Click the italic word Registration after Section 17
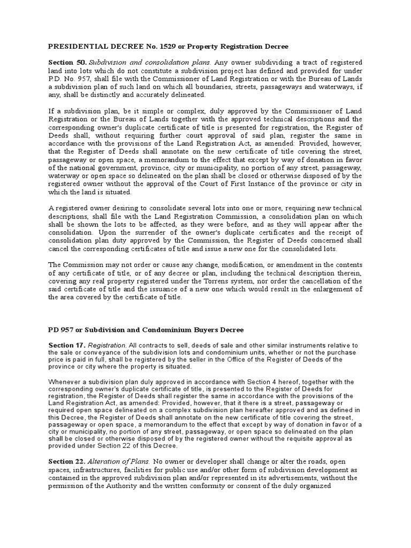coord(105,346)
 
